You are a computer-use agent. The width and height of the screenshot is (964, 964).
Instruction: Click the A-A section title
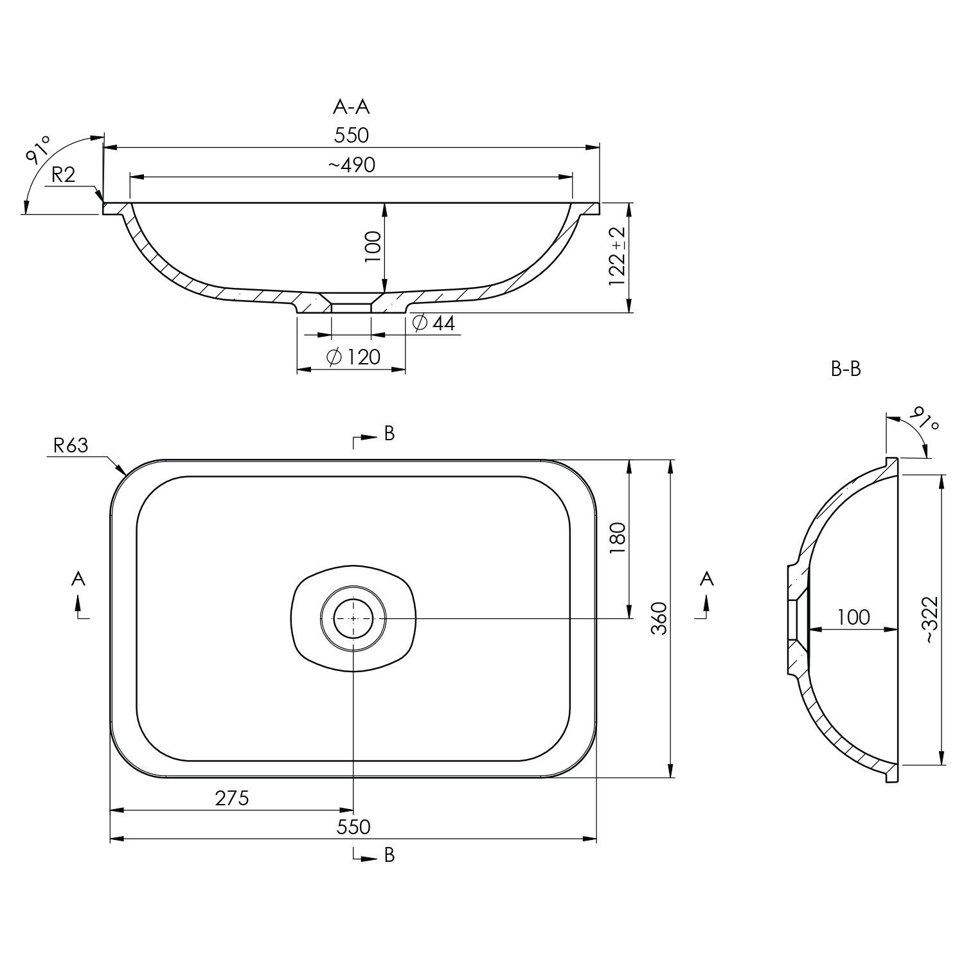coord(352,107)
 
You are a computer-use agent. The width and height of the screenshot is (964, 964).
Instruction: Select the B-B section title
coord(846,369)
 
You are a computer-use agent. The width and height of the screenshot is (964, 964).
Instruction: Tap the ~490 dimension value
coord(352,165)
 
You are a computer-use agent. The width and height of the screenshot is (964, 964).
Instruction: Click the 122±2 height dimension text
coord(618,256)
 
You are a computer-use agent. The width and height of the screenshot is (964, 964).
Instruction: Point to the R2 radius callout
coord(64,175)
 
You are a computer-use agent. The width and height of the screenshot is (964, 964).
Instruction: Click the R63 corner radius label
coord(70,445)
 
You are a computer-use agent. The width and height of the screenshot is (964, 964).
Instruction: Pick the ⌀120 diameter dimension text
coord(353,357)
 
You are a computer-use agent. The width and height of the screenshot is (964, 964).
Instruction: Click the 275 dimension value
coord(231,798)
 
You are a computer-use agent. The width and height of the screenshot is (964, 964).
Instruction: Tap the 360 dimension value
coord(659,618)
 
